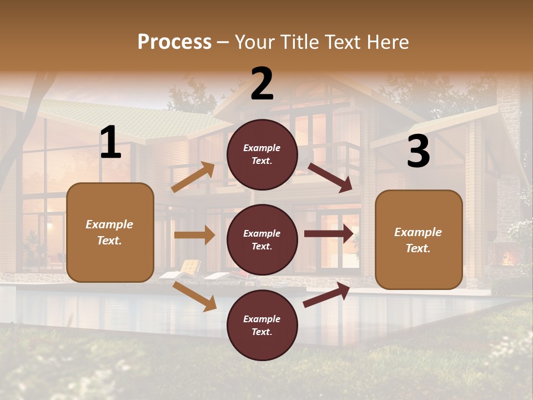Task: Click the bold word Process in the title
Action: [174, 42]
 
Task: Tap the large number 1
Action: [110, 142]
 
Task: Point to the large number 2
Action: [262, 84]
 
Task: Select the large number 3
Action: [418, 152]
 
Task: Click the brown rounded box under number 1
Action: [110, 232]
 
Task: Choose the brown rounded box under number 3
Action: [419, 239]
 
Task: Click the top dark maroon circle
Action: [262, 154]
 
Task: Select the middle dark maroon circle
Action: [262, 239]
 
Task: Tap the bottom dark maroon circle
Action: [262, 325]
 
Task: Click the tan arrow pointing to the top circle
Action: [193, 177]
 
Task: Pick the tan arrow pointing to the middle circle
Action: [194, 235]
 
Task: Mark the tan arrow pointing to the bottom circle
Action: [194, 296]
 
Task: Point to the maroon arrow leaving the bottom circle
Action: [326, 294]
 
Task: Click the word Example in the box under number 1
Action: [109, 224]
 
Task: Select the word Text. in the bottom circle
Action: [262, 332]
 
